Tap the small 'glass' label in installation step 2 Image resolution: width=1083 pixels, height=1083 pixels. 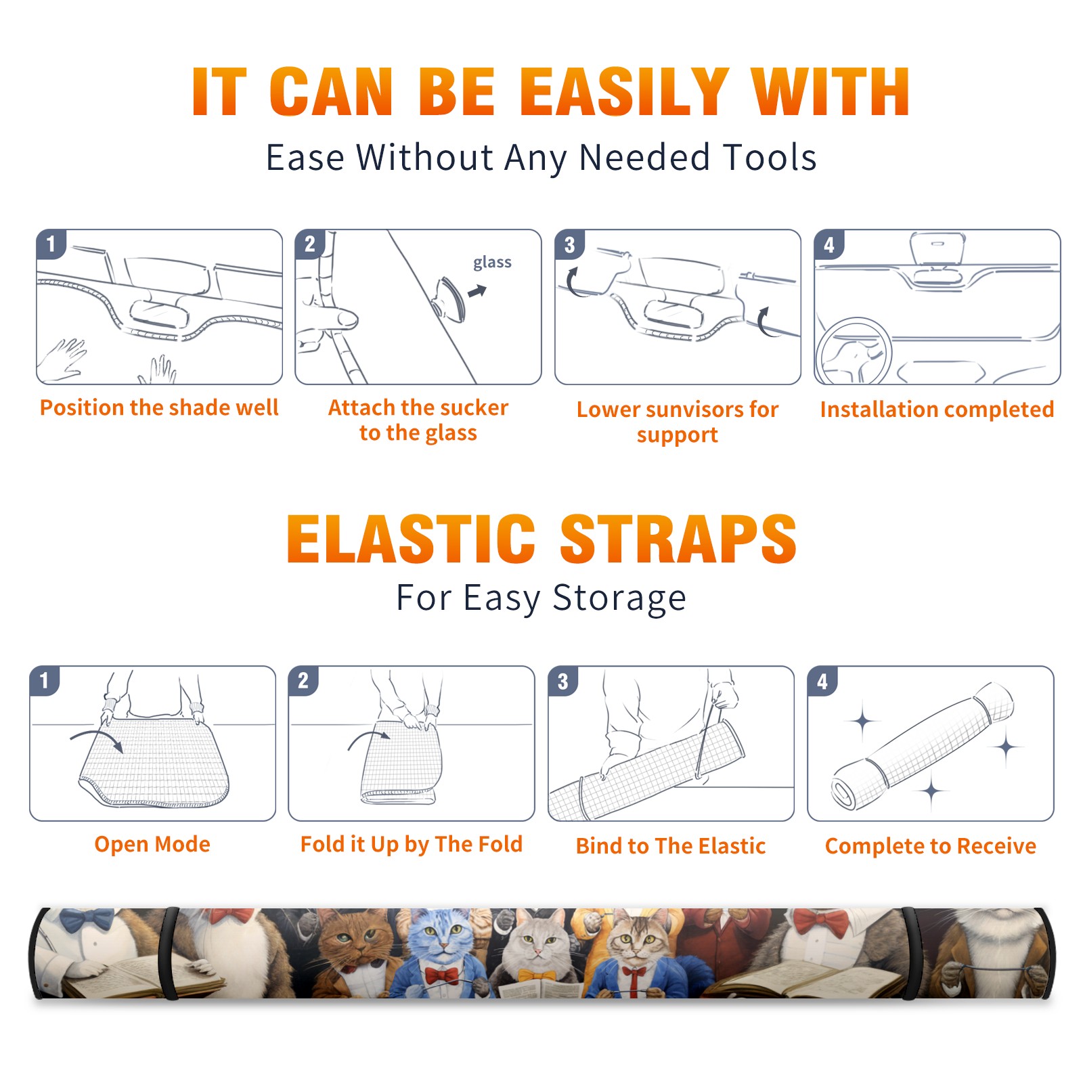tap(492, 263)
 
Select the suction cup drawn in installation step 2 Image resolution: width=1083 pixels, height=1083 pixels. tap(451, 299)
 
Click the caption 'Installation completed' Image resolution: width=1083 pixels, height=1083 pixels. tap(937, 410)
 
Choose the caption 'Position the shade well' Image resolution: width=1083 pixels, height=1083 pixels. tap(159, 407)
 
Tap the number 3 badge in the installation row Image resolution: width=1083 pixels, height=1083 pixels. tap(569, 245)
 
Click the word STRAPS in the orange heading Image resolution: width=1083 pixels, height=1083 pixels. tap(678, 539)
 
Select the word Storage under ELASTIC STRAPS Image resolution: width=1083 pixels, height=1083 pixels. tap(619, 598)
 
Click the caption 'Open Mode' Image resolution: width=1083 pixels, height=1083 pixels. tap(152, 844)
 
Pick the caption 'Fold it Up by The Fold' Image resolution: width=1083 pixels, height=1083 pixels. tap(412, 844)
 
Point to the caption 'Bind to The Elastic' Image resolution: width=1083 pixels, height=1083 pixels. tap(671, 846)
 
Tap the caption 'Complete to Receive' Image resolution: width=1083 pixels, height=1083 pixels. tap(931, 846)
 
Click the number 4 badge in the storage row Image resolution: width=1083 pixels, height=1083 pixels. tap(822, 681)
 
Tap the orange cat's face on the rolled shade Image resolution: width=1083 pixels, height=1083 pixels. tap(352, 937)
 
